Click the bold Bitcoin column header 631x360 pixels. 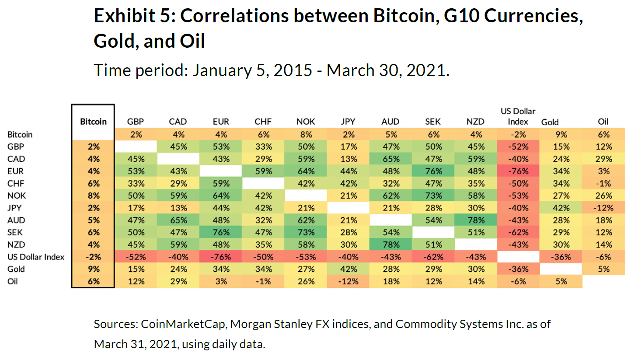93,122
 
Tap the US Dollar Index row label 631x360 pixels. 35,257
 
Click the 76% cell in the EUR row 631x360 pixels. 433,171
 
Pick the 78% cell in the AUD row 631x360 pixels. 476,220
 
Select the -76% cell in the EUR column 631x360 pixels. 221,257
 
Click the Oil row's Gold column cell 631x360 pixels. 561,281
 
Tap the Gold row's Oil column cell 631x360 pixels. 604,269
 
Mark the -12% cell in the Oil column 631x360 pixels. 604,208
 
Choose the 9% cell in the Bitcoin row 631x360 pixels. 561,135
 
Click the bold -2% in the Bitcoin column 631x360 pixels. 93,257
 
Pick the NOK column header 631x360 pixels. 306,122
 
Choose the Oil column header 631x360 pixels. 604,122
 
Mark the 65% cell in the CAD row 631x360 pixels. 391,159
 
